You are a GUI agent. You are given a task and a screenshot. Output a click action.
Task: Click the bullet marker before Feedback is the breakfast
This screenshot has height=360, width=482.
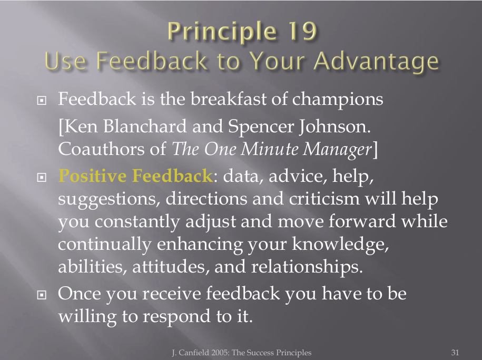pyautogui.click(x=42, y=100)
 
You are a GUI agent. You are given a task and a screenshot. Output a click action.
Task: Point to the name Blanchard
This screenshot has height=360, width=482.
pyautogui.click(x=145, y=126)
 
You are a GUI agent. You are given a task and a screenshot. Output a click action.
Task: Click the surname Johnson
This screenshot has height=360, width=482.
pyautogui.click(x=335, y=126)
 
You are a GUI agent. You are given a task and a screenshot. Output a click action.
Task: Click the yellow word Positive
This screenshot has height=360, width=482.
pyautogui.click(x=92, y=176)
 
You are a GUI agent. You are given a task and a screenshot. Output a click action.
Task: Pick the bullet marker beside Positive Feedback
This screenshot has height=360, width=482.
pyautogui.click(x=42, y=177)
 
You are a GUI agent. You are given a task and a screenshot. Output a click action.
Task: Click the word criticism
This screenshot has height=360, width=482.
pyautogui.click(x=324, y=199)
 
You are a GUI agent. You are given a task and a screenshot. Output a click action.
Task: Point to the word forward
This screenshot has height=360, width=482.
pyautogui.click(x=362, y=221)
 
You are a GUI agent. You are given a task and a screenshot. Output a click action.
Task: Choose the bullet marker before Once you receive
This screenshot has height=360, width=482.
pyautogui.click(x=42, y=295)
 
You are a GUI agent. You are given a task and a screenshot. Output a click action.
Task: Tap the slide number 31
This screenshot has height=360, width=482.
pyautogui.click(x=455, y=352)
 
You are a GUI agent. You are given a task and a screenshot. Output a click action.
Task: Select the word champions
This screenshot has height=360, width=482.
pyautogui.click(x=338, y=100)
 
